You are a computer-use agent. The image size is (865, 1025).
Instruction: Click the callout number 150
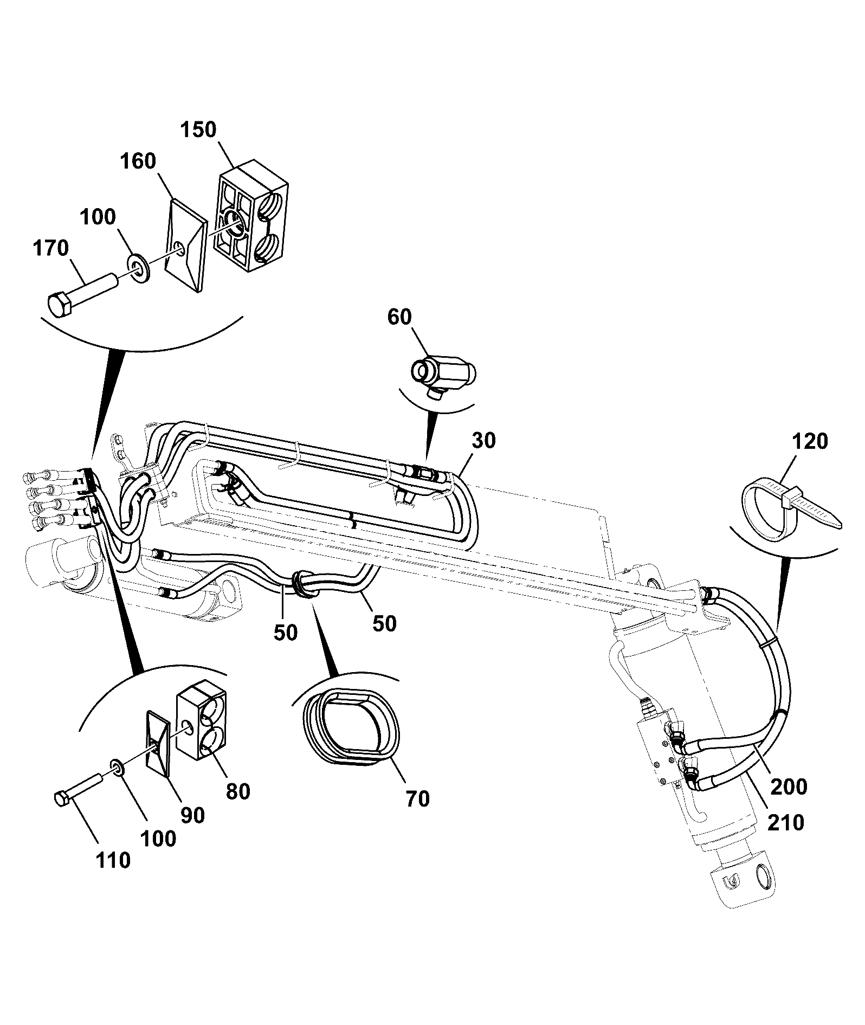[198, 130]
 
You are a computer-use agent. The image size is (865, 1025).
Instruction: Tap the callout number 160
[138, 162]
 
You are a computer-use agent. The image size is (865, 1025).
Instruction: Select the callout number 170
[51, 249]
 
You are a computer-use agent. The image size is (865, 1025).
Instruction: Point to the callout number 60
[399, 317]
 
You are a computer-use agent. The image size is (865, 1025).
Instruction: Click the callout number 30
[483, 441]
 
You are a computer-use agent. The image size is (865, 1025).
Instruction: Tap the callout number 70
[417, 798]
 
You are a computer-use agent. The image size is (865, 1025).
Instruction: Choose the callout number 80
[238, 792]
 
